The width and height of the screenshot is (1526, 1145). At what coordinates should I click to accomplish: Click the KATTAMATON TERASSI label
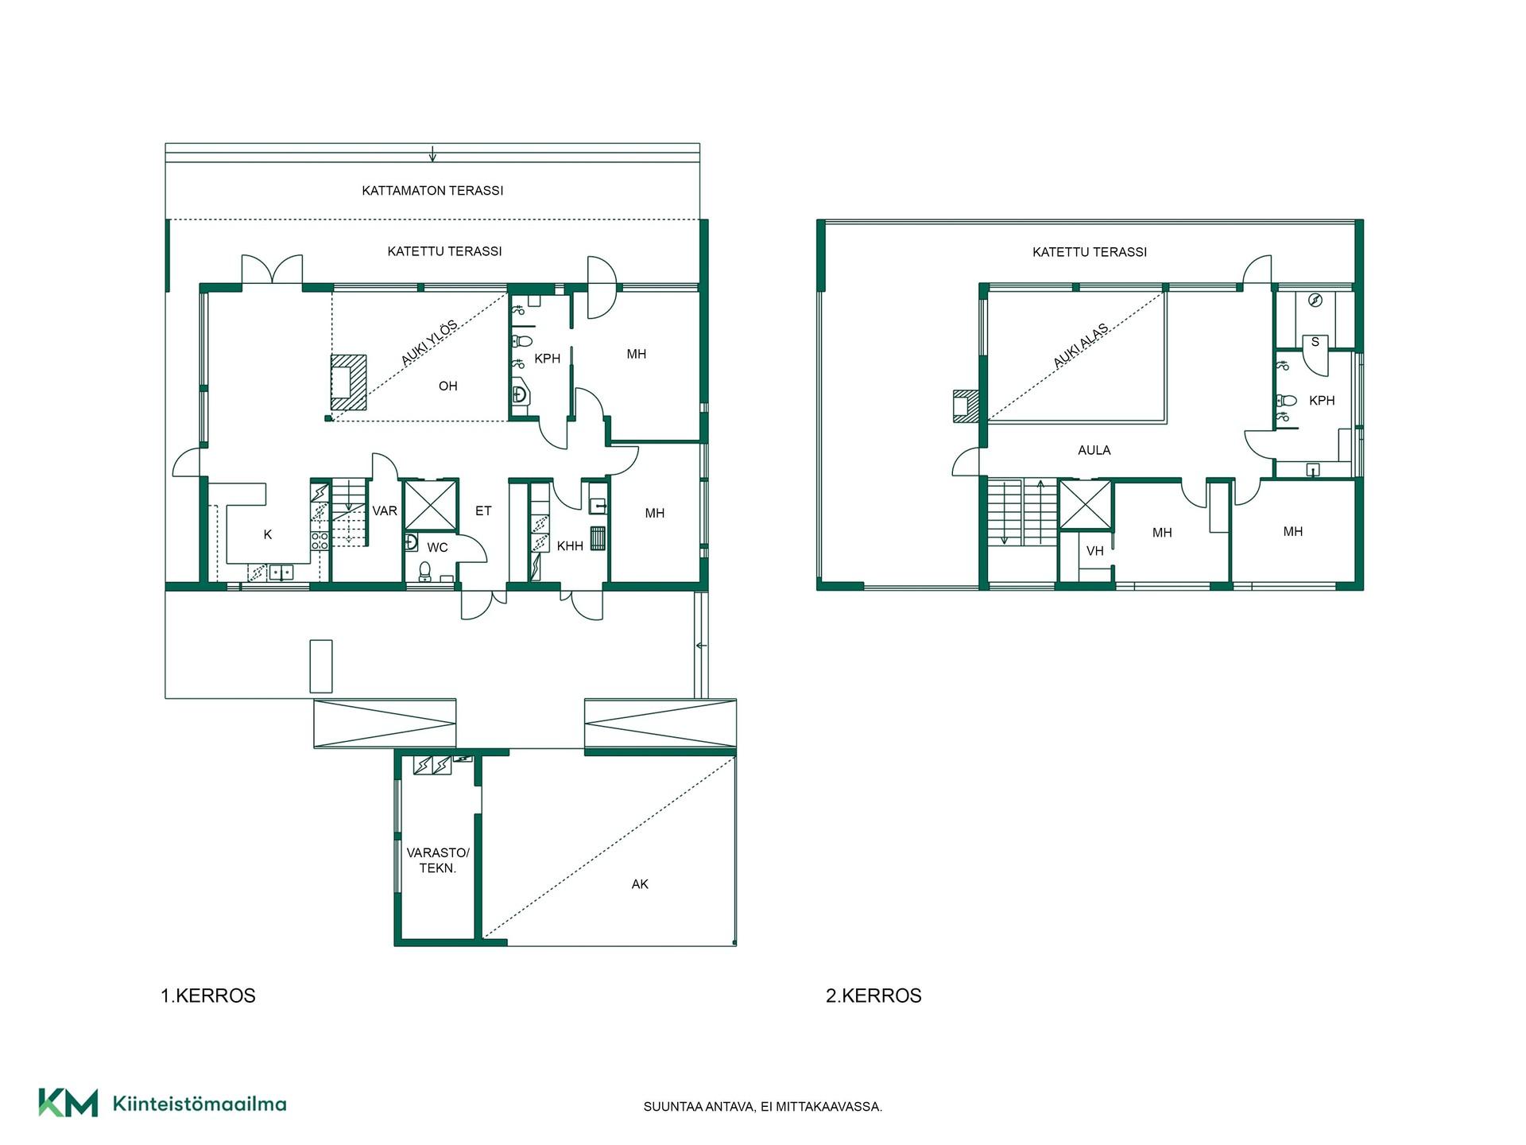[432, 191]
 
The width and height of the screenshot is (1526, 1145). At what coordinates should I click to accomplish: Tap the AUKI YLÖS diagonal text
[429, 343]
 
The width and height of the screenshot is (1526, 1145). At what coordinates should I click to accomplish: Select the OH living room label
[448, 386]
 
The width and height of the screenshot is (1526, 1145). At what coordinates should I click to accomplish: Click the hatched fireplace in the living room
[349, 382]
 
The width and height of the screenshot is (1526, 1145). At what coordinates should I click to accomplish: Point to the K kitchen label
[268, 535]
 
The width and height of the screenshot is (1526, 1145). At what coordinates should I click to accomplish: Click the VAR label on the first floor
[385, 510]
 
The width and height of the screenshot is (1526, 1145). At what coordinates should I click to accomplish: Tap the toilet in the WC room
[425, 570]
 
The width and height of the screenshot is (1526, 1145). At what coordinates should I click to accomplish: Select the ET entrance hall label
[483, 511]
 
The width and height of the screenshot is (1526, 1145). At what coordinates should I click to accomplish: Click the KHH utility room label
[570, 546]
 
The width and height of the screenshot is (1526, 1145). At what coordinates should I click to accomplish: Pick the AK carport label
[640, 884]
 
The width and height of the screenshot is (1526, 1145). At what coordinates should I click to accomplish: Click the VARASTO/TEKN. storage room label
[438, 860]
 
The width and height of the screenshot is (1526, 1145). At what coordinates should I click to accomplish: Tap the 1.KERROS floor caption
[208, 996]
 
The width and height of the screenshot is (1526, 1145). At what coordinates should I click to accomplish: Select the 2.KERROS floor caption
[873, 996]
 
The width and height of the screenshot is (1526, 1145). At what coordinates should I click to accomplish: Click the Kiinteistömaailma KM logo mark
[68, 1103]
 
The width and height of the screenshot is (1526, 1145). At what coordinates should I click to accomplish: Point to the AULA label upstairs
[1094, 450]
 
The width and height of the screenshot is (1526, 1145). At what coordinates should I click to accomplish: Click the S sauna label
[1315, 342]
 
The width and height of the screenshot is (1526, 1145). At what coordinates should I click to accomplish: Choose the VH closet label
[1095, 551]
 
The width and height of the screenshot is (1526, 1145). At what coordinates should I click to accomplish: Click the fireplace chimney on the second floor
[966, 406]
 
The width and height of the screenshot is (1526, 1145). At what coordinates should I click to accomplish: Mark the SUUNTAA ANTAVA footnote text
[763, 1107]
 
